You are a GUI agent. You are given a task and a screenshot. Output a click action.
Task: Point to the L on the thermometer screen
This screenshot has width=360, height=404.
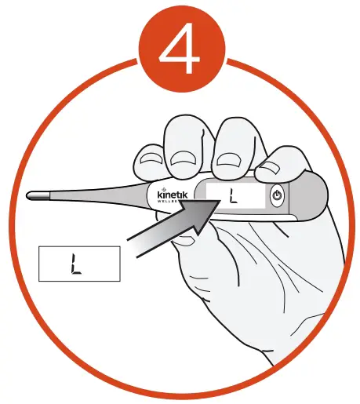(x=233, y=195)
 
